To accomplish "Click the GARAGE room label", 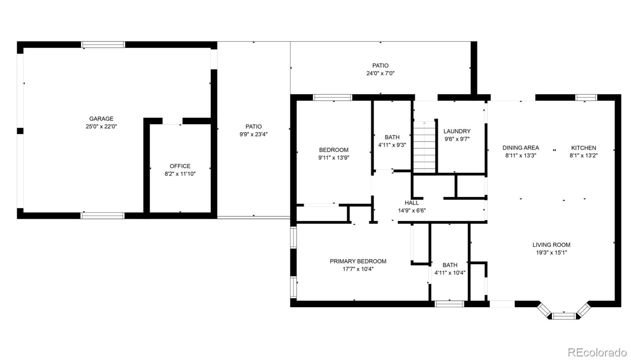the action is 101,119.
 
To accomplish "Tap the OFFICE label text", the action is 180,166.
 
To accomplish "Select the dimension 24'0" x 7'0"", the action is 380,73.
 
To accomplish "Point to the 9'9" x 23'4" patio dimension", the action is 254,134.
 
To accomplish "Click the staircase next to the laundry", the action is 424,146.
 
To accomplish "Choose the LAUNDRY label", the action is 457,131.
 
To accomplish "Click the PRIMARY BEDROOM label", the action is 358,261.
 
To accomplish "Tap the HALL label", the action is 412,203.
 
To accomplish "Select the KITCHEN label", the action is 583,147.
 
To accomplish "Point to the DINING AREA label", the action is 521,147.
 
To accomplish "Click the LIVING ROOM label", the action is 551,245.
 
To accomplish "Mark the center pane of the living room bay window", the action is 564,316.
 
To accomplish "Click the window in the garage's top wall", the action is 103,45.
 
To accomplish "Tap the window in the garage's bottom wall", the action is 102,216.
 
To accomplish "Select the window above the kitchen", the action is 586,97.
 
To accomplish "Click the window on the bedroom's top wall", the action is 332,97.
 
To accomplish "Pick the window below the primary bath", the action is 449,304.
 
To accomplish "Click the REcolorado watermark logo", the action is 597,352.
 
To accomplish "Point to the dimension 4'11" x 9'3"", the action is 392,145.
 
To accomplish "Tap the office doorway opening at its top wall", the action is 172,121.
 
